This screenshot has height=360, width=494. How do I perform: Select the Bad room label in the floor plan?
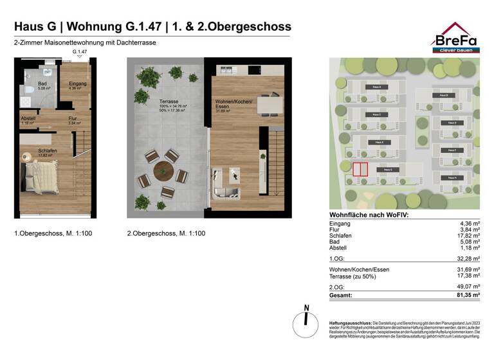42,84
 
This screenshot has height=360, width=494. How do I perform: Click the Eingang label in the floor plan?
78,84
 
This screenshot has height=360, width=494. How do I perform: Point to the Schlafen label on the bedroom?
48,151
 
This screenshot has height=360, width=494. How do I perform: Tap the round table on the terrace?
163,172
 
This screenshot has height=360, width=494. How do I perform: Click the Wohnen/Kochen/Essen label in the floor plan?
233,105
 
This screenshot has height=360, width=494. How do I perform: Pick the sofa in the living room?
225,184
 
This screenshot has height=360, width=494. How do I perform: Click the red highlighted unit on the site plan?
360,169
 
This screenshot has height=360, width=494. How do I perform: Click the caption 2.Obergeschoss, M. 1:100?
166,233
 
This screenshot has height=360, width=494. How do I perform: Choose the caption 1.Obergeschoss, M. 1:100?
53,233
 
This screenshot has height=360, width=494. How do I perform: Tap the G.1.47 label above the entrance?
80,51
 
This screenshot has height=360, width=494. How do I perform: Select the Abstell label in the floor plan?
28,118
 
